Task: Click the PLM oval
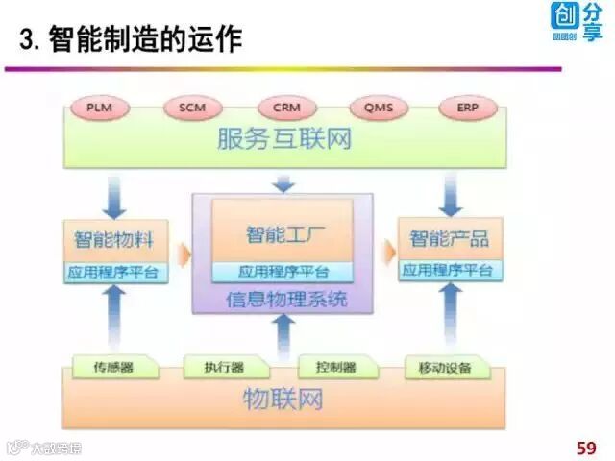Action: click(x=98, y=108)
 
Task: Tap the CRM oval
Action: click(x=286, y=108)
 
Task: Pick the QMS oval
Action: click(x=378, y=108)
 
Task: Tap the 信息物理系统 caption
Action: click(x=285, y=300)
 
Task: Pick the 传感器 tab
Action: click(x=112, y=367)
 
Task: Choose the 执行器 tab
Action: click(x=223, y=367)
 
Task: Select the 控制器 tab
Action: click(x=335, y=367)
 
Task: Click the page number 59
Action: click(x=585, y=447)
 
